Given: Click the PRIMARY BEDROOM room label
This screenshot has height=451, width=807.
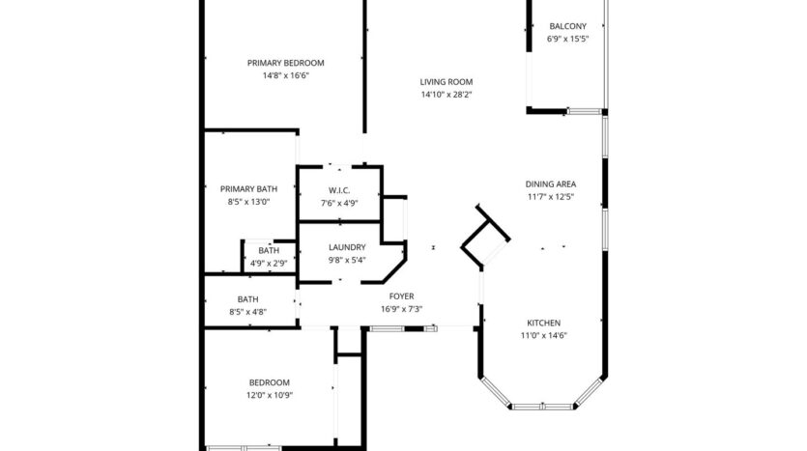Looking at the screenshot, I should click(285, 63).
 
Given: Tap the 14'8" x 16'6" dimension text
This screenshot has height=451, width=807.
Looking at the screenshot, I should click(285, 75).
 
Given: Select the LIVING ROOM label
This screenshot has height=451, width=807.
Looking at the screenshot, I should click(446, 82).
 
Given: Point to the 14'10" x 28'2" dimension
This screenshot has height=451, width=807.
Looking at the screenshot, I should click(446, 95).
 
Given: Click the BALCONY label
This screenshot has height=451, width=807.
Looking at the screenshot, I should click(567, 26).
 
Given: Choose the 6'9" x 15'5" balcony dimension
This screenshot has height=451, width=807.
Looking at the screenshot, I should click(567, 40).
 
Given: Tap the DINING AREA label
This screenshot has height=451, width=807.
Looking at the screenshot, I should click(551, 183).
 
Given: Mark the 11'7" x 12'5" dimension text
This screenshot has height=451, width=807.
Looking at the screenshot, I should click(551, 197).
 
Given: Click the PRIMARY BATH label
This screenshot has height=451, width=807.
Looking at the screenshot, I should click(248, 188).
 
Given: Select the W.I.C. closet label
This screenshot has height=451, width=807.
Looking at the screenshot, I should click(339, 190).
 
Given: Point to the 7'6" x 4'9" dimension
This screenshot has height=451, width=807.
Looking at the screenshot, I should click(339, 203).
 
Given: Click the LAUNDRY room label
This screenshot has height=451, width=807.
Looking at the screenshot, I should click(346, 247).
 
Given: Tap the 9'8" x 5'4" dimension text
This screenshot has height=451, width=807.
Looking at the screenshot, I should click(346, 261).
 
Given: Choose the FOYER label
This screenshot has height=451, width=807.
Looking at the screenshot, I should click(401, 296).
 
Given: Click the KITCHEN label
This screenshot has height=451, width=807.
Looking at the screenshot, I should click(543, 323).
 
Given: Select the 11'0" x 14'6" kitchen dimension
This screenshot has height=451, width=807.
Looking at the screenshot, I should click(543, 336).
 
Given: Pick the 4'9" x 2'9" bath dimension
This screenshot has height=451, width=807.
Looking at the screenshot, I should click(269, 263).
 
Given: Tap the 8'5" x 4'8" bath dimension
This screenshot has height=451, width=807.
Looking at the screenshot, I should click(248, 312).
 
